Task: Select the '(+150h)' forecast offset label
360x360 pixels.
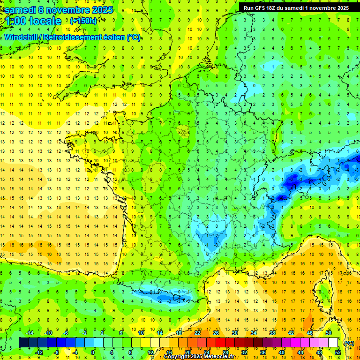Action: click(x=83, y=21)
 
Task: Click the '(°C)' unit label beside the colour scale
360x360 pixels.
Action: click(x=349, y=343)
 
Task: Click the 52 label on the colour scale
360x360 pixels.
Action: click(x=337, y=352)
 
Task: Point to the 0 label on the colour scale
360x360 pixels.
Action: click(x=93, y=352)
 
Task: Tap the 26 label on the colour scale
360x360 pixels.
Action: click(x=216, y=333)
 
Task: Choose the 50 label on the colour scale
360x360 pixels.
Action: click(x=328, y=333)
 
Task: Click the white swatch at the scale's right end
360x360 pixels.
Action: click(x=333, y=343)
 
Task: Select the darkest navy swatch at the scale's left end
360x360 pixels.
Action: click(x=23, y=343)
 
